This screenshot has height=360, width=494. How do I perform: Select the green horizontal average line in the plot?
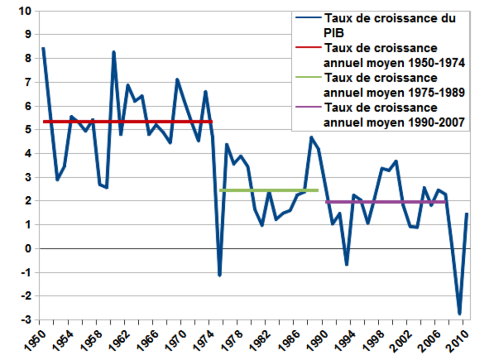pos(269,191)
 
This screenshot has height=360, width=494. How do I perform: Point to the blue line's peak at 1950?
pos(43,48)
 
